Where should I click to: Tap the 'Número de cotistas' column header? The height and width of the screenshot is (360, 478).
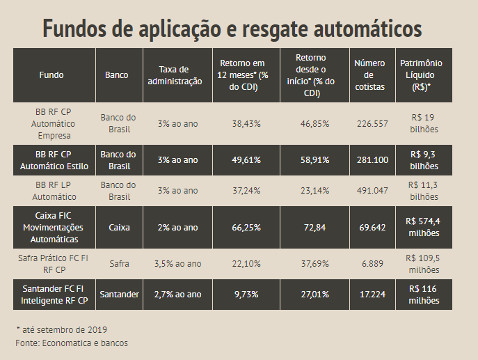369,75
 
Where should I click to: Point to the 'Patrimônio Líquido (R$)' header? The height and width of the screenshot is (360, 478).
421,75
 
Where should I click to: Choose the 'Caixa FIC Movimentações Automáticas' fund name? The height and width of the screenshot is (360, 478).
53,227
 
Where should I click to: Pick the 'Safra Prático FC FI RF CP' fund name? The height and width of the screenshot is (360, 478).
52,263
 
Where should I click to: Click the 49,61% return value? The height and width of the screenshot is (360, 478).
246,159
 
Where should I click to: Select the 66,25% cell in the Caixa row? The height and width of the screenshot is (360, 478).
246,227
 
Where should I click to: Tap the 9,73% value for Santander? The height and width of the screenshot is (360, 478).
246,295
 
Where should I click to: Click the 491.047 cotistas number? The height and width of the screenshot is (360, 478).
370,189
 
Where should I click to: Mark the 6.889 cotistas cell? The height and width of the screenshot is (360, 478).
370,263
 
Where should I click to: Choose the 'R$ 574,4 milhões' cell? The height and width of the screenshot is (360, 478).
423,227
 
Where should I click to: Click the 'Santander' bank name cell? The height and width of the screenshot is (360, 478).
119,295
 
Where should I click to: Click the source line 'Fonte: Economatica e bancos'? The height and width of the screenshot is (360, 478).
72,343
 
